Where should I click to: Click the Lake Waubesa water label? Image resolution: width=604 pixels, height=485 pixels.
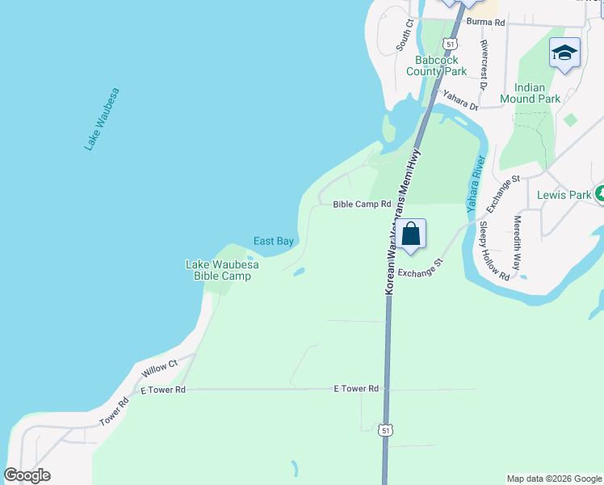tap(103, 119)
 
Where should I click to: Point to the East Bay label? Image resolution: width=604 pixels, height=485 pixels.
tap(274, 241)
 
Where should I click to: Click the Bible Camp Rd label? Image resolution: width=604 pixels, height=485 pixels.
tap(363, 205)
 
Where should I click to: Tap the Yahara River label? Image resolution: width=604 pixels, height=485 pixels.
tap(475, 183)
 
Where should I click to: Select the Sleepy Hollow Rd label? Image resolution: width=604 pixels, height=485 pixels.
tap(493, 251)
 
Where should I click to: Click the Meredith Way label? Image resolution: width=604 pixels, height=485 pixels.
tap(517, 242)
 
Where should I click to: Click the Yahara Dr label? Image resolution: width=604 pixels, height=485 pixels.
tap(460, 100)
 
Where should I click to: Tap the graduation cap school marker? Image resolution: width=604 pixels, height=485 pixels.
tap(564, 53)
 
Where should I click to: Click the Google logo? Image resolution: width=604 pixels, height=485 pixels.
tap(27, 475)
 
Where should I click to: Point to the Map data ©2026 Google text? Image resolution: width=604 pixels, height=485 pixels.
tap(554, 479)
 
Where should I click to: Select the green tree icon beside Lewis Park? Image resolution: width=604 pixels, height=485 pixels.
tap(600, 194)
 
